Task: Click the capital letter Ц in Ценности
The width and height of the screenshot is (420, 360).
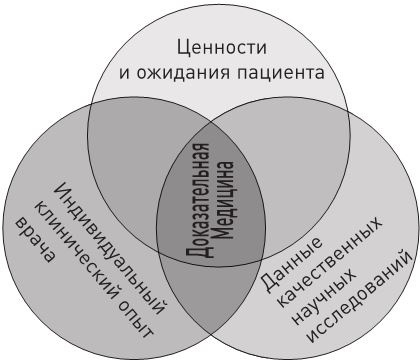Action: click(x=181, y=45)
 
